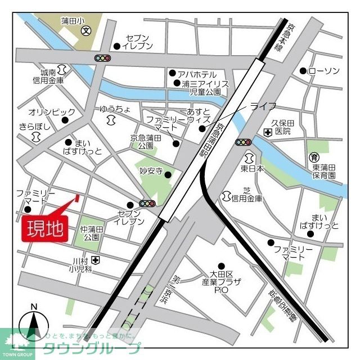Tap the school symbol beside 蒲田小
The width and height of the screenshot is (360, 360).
[x=86, y=31]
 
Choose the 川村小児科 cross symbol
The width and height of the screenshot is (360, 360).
[x=96, y=260]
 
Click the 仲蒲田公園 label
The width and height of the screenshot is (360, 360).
[x=92, y=233]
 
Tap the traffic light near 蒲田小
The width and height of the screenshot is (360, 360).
[x=102, y=57]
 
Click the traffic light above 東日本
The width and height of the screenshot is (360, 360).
[x=244, y=142]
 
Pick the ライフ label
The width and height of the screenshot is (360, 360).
[x=262, y=106]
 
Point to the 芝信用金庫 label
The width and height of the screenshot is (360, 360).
[x=246, y=194]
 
